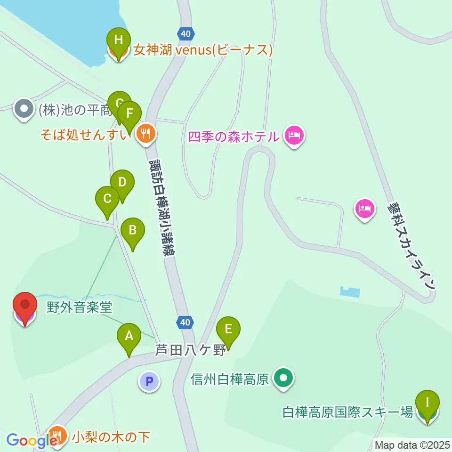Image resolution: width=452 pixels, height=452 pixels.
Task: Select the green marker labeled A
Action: click(129, 337)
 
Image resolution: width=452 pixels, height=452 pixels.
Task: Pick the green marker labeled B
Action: click(133, 231)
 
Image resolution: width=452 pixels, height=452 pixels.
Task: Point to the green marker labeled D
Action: click(122, 182)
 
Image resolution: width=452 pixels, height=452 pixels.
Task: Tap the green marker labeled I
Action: click(428, 403)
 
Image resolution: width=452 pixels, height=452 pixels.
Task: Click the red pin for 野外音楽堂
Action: click(24, 306)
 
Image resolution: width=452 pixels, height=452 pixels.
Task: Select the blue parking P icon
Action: click(150, 381)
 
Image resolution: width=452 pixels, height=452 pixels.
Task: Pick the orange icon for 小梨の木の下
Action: click(57, 436)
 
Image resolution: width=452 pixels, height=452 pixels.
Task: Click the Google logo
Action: click(28, 440)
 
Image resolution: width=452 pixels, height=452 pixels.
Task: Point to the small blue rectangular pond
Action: click(350, 292)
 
